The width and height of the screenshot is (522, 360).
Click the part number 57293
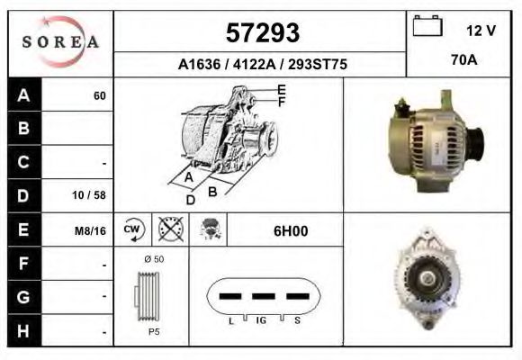tap(262, 33)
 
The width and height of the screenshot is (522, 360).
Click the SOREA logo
tap(60, 42)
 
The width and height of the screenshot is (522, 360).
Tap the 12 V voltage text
tap(481, 31)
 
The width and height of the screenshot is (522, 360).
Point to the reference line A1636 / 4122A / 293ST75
tap(262, 65)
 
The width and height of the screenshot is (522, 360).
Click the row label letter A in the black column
tap(23, 95)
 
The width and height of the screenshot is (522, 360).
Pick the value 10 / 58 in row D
tap(94, 195)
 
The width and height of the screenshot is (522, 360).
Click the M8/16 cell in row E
tap(92, 230)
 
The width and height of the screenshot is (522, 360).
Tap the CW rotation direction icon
tap(133, 229)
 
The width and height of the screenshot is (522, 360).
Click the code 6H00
tap(290, 230)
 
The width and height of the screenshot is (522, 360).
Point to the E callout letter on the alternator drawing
tap(281, 90)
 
